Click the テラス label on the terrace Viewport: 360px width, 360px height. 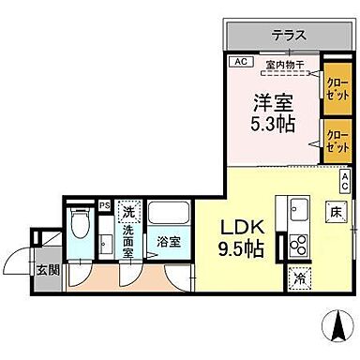[x=289, y=35]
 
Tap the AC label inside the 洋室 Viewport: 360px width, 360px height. [x=240, y=63]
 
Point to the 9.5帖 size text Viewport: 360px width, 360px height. [x=240, y=249]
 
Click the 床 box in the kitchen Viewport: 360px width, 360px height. [x=334, y=214]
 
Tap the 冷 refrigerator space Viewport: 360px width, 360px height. [x=299, y=277]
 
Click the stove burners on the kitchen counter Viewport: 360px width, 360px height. [x=299, y=246]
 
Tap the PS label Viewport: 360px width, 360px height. [x=105, y=205]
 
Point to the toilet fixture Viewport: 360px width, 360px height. [x=81, y=228]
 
